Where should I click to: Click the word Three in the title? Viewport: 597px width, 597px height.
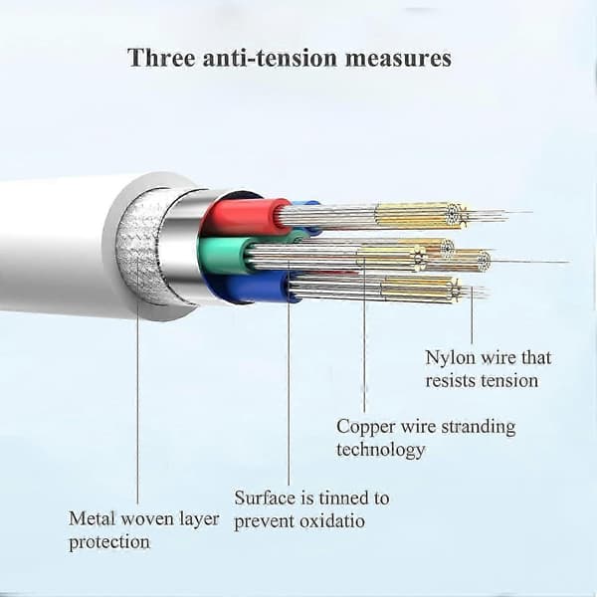(x=161, y=59)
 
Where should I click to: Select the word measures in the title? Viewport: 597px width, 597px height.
(x=398, y=60)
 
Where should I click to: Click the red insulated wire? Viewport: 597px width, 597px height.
(x=245, y=217)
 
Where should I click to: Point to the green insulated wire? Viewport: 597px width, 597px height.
(x=224, y=256)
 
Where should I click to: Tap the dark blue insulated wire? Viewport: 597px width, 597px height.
(x=255, y=288)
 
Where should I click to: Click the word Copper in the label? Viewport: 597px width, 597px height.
(x=365, y=428)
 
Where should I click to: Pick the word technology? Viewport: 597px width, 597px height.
(x=380, y=450)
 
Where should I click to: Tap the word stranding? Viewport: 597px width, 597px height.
(x=479, y=427)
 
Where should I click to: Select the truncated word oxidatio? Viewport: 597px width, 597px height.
(x=332, y=521)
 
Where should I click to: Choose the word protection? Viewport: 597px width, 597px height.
(x=109, y=543)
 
